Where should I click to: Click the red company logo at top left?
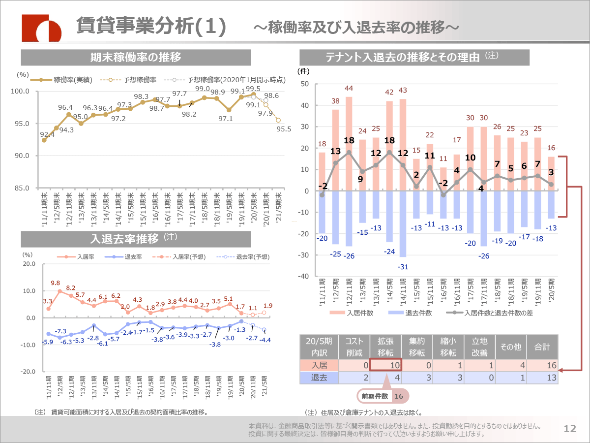click(x=41, y=28)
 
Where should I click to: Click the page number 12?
click(x=570, y=429)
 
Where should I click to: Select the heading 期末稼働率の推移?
click(x=136, y=57)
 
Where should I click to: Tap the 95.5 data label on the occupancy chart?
click(x=284, y=129)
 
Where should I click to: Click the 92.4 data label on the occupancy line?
click(x=47, y=134)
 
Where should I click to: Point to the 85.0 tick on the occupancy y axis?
click(x=22, y=188)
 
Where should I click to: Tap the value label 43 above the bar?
click(x=403, y=90)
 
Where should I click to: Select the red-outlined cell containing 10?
click(x=386, y=365)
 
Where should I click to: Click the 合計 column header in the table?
click(x=542, y=348)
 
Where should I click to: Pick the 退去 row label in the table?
click(x=320, y=378)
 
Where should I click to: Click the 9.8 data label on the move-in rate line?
click(x=55, y=283)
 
